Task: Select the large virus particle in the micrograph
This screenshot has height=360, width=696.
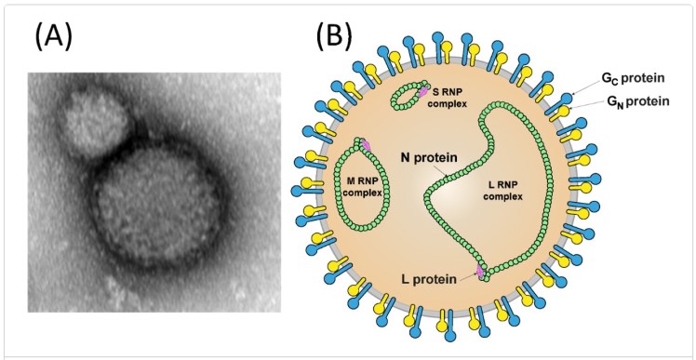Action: click(x=156, y=206)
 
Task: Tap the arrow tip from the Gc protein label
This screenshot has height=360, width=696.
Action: click(x=570, y=96)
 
